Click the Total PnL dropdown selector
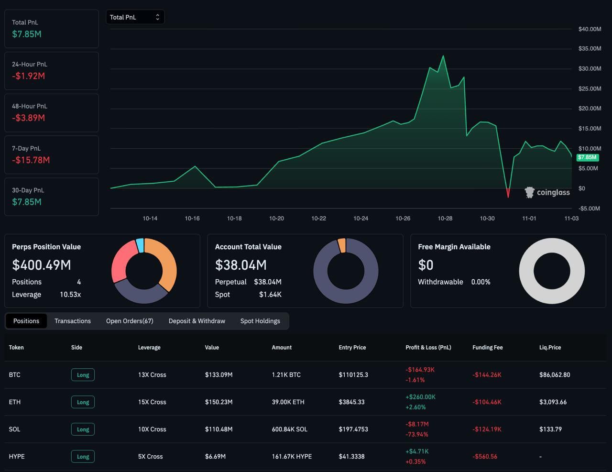tap(135, 17)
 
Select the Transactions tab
tap(73, 321)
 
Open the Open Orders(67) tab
tap(130, 321)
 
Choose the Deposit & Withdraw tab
tap(197, 321)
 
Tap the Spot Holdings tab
tap(260, 321)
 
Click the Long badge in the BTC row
tap(83, 375)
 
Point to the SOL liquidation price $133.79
tap(550, 429)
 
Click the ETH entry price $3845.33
tap(351, 402)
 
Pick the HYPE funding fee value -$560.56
tap(485, 457)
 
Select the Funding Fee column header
tap(487, 348)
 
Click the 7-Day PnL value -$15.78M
tap(31, 160)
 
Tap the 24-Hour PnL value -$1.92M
tap(28, 76)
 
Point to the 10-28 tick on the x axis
tap(445, 219)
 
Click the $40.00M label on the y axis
tap(590, 29)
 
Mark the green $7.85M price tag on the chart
tap(588, 157)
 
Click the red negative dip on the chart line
tap(508, 193)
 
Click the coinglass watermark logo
tap(547, 192)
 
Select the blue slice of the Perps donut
tap(140, 245)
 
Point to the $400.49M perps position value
tap(42, 265)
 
